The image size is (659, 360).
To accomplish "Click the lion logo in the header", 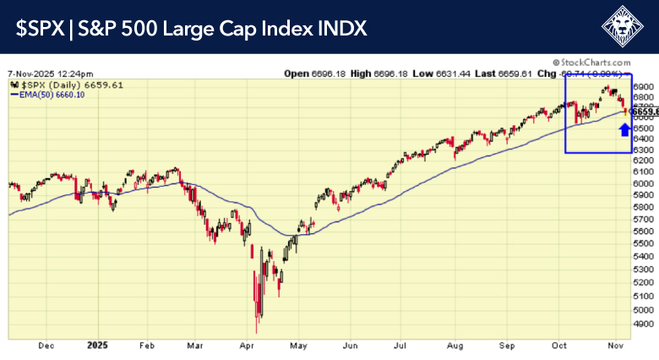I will pyautogui.click(x=625, y=27).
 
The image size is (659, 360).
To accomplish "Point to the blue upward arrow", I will pyautogui.click(x=624, y=128).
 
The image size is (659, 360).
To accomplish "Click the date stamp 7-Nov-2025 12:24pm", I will pyautogui.click(x=51, y=73).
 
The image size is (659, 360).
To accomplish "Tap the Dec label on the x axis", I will pyautogui.click(x=46, y=346).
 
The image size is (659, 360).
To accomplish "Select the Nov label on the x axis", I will pyautogui.click(x=616, y=346).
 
